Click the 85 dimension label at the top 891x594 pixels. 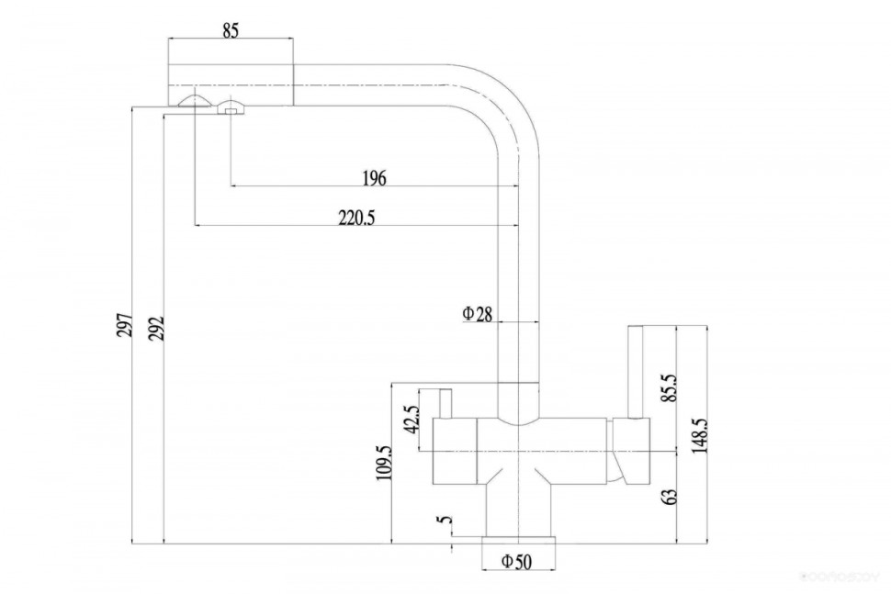231,30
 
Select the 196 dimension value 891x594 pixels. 373,178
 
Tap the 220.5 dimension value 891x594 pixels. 357,218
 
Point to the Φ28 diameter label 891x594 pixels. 478,314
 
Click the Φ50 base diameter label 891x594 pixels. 516,562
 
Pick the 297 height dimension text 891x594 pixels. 126,325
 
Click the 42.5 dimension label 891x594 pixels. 411,420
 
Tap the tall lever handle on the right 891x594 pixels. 635,372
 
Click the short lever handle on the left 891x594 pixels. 446,403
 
